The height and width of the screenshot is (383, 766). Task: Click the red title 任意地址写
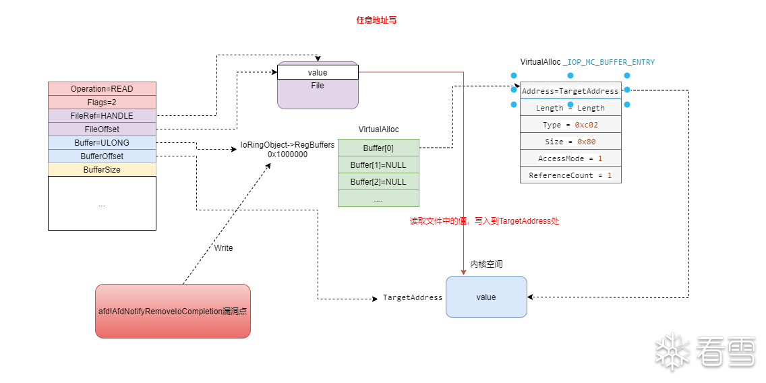tap(376, 20)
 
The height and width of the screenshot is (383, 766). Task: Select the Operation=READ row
tap(102, 89)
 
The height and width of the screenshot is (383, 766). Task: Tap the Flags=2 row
tap(102, 102)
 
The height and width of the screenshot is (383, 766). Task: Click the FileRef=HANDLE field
tap(102, 116)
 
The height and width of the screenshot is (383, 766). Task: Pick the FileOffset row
tap(102, 129)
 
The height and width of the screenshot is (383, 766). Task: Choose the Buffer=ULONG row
tap(102, 143)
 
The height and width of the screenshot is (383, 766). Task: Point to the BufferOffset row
tap(102, 156)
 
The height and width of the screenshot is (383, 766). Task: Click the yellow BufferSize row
tap(102, 170)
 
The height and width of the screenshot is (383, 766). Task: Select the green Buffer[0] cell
tap(378, 148)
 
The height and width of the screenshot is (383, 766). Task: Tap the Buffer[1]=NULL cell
tap(378, 165)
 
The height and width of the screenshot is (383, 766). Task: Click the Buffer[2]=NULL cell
tap(378, 182)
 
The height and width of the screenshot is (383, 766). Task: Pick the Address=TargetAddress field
tap(570, 91)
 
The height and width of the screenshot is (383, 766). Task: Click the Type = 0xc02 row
tap(570, 125)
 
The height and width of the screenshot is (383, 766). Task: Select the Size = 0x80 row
tap(570, 142)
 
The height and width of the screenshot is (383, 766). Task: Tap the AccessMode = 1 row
tap(570, 158)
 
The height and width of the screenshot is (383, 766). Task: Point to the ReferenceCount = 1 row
tap(570, 175)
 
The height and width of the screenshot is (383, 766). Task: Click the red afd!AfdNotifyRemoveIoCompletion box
tap(173, 311)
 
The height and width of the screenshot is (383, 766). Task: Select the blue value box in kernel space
tap(485, 297)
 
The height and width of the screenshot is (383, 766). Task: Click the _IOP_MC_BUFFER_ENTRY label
tap(609, 62)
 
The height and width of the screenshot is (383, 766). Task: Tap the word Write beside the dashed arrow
tap(223, 248)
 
